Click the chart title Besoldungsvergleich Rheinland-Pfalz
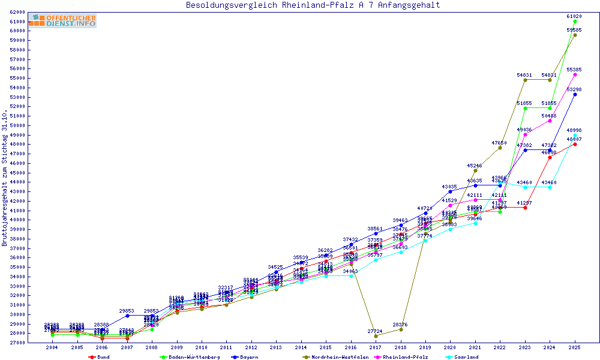pyautogui.click(x=313, y=5)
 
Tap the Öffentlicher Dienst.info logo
pyautogui.click(x=62, y=20)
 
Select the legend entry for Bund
pyautogui.click(x=100, y=357)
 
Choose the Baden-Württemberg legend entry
pyautogui.click(x=185, y=357)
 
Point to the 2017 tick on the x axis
pyautogui.click(x=376, y=347)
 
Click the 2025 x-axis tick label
pyautogui.click(x=575, y=347)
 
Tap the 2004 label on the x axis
pyautogui.click(x=53, y=347)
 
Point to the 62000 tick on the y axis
pyautogui.click(x=17, y=12)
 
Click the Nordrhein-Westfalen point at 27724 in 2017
pyautogui.click(x=376, y=336)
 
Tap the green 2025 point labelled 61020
pyautogui.click(x=575, y=21)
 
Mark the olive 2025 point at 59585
pyautogui.click(x=575, y=35)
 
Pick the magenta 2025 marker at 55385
pyautogui.click(x=575, y=74)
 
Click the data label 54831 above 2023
pyautogui.click(x=525, y=75)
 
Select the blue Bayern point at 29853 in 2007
pyautogui.click(x=127, y=316)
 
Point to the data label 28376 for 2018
pyautogui.click(x=401, y=325)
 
